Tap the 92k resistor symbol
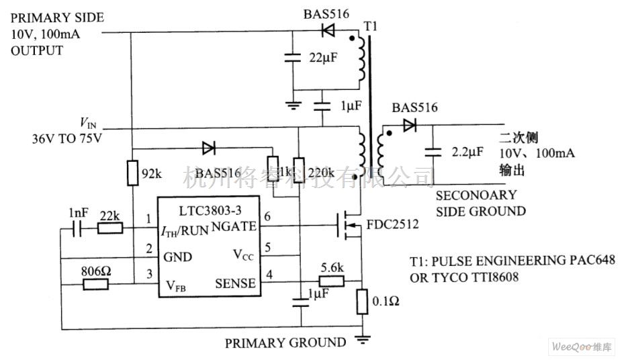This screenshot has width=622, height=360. pos(133,173)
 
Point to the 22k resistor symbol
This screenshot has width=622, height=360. pos(109,228)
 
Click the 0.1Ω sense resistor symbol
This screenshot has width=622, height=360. pos(361,302)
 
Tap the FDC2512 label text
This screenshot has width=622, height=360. pos(393,224)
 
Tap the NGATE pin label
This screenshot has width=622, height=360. pos(234,226)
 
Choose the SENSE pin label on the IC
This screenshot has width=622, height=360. pos(235,283)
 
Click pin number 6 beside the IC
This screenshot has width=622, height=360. pos(267,216)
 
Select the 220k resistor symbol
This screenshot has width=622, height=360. pos(300,173)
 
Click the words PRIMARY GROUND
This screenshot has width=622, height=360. pos(285,343)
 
